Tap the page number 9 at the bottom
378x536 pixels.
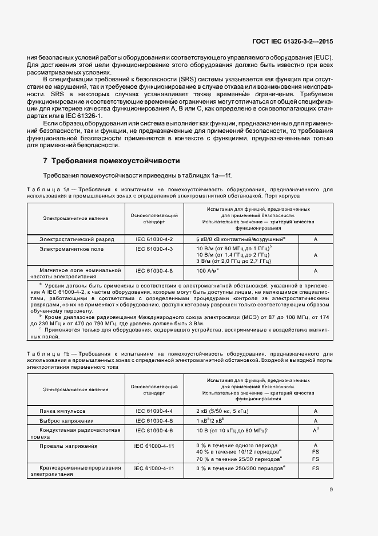(x=332, y=489)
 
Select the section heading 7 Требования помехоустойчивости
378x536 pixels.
(x=112, y=160)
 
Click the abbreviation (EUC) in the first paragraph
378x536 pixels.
(x=322, y=58)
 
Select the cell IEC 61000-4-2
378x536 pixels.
(x=154, y=238)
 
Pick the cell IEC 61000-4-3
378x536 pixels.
(x=154, y=249)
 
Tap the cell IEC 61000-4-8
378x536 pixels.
(x=154, y=269)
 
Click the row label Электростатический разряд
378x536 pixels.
(x=77, y=238)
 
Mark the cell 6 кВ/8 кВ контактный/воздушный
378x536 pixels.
(x=240, y=238)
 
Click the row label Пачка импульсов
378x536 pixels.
(x=62, y=411)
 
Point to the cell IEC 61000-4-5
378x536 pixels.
(x=154, y=421)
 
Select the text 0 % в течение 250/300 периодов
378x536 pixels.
(x=240, y=468)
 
